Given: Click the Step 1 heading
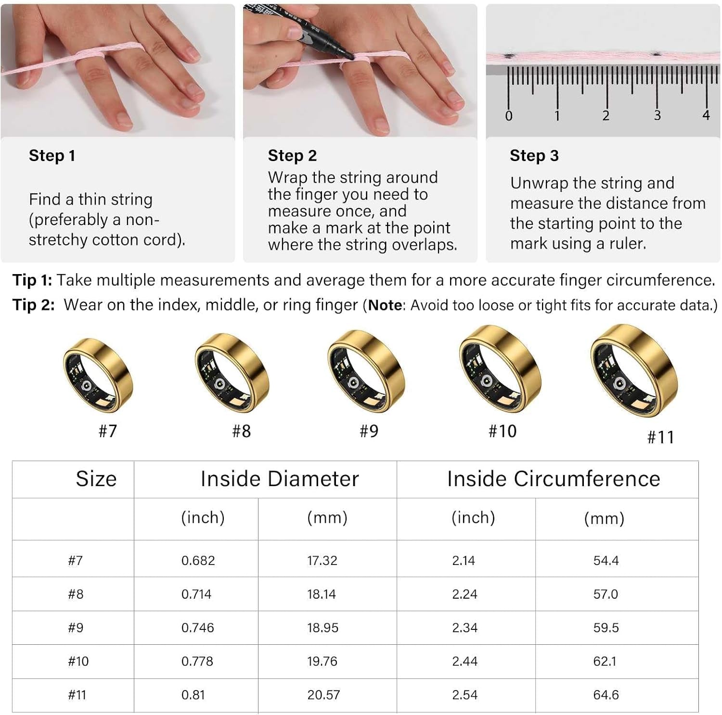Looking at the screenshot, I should [x=52, y=156].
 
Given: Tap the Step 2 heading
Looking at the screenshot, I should [x=292, y=156].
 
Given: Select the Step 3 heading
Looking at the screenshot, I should [x=534, y=156].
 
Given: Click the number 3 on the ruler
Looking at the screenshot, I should [x=657, y=115].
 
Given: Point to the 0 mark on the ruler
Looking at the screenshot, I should [x=509, y=116].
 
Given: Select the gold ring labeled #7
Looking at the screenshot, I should [x=98, y=375].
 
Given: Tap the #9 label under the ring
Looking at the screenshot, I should [x=369, y=431].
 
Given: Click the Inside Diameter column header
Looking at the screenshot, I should [x=280, y=479].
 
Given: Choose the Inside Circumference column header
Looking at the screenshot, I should [x=554, y=479].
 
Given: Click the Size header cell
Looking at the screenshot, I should [x=96, y=479].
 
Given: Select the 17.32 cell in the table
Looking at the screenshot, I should [x=322, y=561].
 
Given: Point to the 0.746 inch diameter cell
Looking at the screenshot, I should [x=197, y=628].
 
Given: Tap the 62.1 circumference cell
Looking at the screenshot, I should [x=605, y=662].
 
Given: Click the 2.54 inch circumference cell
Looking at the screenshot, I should [x=464, y=695].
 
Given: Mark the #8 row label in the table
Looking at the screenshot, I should [x=76, y=594].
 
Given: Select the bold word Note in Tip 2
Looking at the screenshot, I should [x=385, y=305].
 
